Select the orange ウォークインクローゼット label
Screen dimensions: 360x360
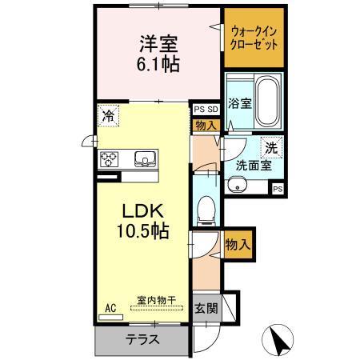click(x=254, y=38)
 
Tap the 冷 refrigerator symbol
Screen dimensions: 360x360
click(x=107, y=116)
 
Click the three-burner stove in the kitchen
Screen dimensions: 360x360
click(x=110, y=158)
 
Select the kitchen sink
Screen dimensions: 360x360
click(x=145, y=157)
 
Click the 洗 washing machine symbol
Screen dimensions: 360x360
click(x=271, y=147)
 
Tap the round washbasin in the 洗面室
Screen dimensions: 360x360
click(x=238, y=186)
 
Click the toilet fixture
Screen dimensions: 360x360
click(x=207, y=210)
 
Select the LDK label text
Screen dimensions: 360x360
click(x=142, y=211)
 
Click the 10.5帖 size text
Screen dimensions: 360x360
click(x=144, y=232)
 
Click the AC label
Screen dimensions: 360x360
click(x=110, y=306)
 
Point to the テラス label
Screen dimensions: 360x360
click(x=142, y=338)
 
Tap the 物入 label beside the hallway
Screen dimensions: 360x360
click(x=238, y=241)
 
